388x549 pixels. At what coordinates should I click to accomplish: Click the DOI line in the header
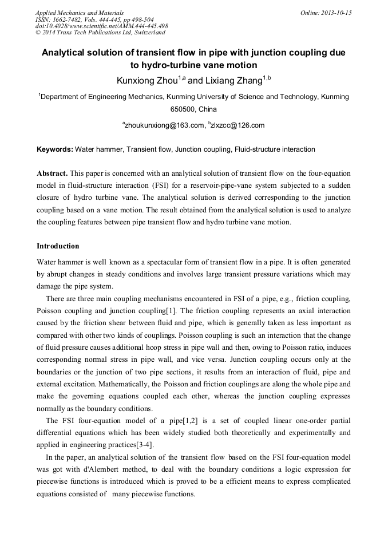click(x=101, y=26)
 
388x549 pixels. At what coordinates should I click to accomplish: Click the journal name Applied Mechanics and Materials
click(x=79, y=13)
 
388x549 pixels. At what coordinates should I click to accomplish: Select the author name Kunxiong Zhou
click(x=146, y=81)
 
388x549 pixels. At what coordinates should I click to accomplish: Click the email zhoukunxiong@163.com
click(x=165, y=125)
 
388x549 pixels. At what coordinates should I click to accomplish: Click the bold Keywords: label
click(x=55, y=149)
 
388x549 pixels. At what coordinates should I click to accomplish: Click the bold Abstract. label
click(x=52, y=173)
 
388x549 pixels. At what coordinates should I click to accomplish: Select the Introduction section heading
click(x=58, y=246)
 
